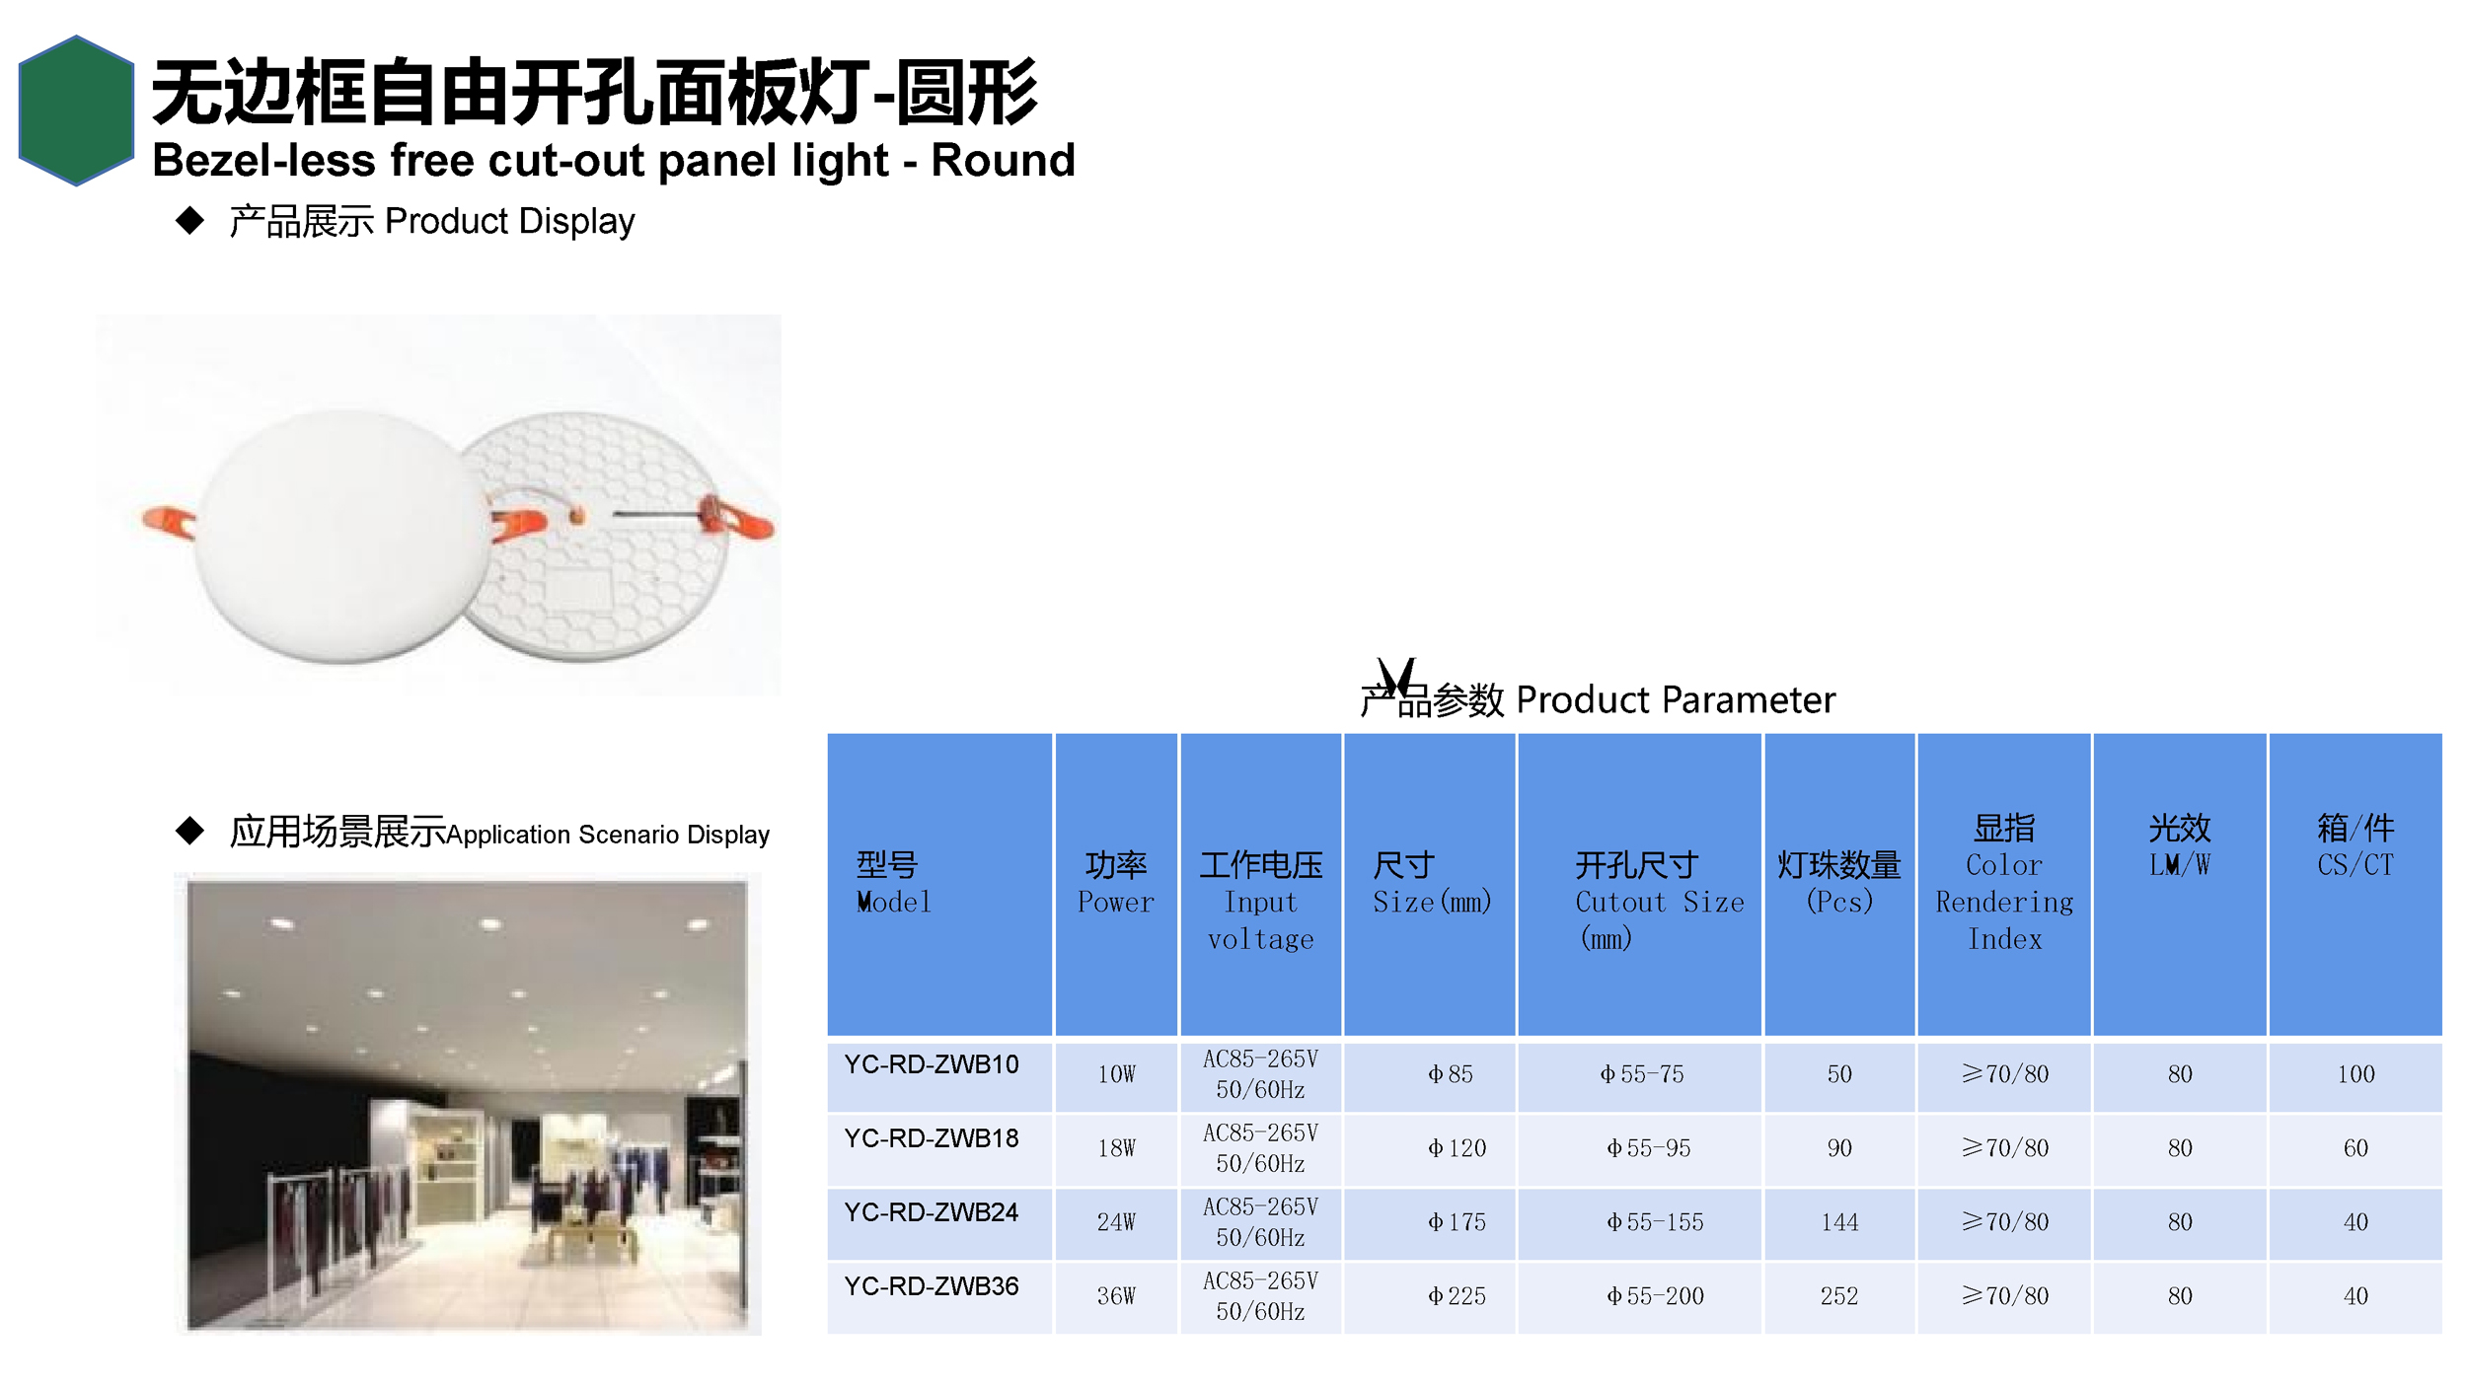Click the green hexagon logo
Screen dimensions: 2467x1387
[76, 110]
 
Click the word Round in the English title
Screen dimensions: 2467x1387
[1003, 160]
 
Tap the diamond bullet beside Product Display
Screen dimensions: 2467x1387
[189, 220]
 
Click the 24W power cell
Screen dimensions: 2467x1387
[1116, 1222]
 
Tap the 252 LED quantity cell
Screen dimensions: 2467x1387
[1839, 1296]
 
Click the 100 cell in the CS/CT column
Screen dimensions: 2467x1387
[2355, 1074]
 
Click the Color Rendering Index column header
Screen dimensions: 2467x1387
[2004, 883]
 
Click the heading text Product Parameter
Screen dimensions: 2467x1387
[1676, 699]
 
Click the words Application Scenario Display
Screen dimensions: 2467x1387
[608, 835]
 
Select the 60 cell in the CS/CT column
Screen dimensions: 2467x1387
[2355, 1148]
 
